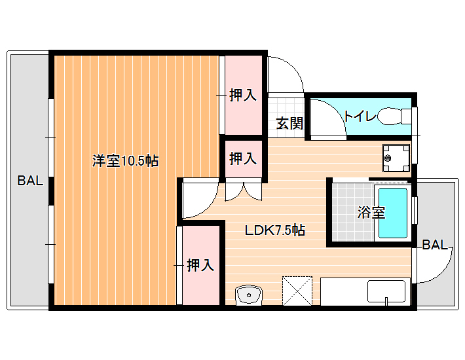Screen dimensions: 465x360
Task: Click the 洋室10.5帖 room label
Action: pos(125,161)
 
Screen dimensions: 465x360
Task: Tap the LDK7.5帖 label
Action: pos(275,230)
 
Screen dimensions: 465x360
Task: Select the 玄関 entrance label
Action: pos(289,123)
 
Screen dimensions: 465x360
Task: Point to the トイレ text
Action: pos(360,116)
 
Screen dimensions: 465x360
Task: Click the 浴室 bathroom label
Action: pos(371,213)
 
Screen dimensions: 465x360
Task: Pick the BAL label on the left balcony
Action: pos(30,181)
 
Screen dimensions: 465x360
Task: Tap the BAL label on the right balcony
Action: pos(435,245)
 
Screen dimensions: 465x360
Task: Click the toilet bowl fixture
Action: pos(394,116)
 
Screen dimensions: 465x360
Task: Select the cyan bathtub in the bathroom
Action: pos(393,213)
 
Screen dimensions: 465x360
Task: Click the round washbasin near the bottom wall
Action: pos(248,295)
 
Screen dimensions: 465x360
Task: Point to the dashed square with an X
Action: pos(297,291)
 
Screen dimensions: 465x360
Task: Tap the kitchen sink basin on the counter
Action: pos(386,291)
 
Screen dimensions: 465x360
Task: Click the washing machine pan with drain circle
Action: pos(396,158)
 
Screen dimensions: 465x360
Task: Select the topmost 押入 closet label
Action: pos(243,95)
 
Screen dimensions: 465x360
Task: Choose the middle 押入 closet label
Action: pos(243,158)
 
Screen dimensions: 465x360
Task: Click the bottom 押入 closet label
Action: pos(200,265)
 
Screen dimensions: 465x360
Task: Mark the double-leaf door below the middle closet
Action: pos(244,191)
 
